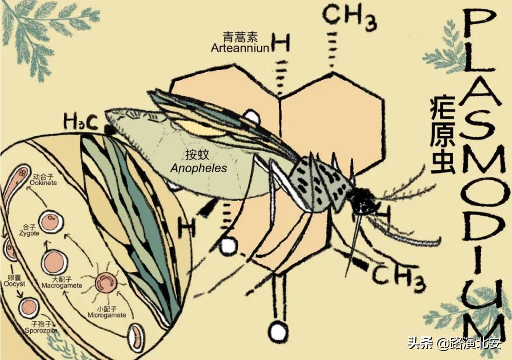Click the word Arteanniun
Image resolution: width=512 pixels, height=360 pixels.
pyautogui.click(x=240, y=48)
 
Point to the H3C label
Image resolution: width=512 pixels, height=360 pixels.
pyautogui.click(x=81, y=123)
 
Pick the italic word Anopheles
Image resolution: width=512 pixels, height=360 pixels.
pyautogui.click(x=199, y=168)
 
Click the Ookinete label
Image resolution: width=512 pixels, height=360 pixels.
pyautogui.click(x=43, y=182)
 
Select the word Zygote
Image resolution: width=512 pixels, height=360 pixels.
pyautogui.click(x=29, y=233)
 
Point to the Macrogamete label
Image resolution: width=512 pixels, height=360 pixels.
pyautogui.click(x=62, y=286)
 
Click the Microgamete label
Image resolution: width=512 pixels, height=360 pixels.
pyautogui.click(x=107, y=315)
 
